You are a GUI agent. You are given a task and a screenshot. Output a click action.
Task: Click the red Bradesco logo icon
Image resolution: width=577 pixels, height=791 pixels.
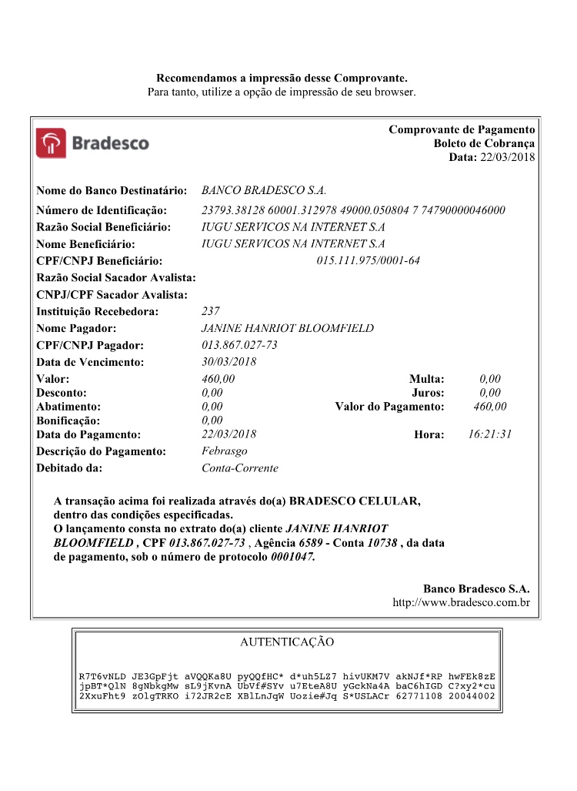(x=52, y=143)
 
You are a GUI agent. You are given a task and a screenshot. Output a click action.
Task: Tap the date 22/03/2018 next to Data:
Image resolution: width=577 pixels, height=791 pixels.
(x=507, y=157)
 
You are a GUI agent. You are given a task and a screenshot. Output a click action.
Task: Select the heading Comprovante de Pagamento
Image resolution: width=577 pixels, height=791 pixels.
(x=462, y=129)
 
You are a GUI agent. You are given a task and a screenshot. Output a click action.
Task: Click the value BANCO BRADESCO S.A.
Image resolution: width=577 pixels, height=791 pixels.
(x=264, y=190)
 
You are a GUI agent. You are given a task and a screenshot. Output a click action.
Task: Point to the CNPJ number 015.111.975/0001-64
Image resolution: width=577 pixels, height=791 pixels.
(x=369, y=260)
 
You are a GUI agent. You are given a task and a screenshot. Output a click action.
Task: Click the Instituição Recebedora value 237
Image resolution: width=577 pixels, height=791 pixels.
(x=210, y=311)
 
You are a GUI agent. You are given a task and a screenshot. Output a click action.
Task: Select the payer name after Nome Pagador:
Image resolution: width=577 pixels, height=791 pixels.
(x=287, y=328)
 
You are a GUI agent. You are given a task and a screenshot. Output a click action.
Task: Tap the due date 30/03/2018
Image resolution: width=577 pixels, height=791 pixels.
(x=228, y=362)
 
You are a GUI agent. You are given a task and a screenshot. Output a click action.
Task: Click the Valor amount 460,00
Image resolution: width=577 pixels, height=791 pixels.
(x=218, y=379)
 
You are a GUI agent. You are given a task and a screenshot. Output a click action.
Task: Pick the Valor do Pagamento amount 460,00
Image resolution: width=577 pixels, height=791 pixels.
(x=490, y=407)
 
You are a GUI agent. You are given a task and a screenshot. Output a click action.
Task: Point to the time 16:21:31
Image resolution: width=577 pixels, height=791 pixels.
(x=489, y=434)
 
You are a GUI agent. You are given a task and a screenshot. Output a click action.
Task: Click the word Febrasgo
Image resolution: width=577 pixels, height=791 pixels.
(x=224, y=451)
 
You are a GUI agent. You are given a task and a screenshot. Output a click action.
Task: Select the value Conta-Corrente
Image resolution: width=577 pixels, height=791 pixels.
(x=239, y=468)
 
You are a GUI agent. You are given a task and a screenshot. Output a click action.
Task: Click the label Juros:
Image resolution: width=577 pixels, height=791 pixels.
(x=428, y=393)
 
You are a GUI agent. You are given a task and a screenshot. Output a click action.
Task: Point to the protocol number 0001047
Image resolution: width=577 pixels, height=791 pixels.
(x=293, y=556)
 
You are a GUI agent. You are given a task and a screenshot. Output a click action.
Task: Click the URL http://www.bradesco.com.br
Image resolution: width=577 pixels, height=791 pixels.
(x=461, y=602)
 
